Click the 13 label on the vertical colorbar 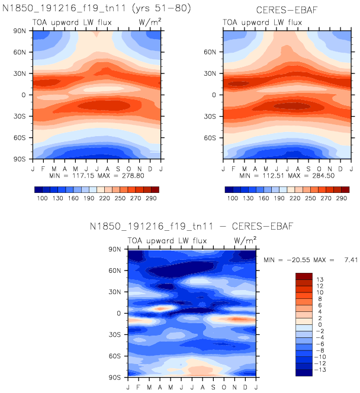321,279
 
